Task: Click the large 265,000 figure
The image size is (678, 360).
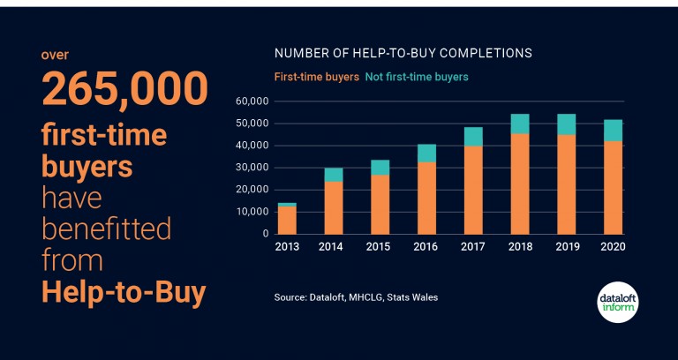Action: click(x=124, y=88)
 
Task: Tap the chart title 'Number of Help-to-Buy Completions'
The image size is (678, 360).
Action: click(x=403, y=53)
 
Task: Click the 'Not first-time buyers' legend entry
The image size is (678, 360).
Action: click(x=417, y=77)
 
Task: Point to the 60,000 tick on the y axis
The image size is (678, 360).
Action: click(x=252, y=101)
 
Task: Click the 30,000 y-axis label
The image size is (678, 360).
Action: click(x=252, y=168)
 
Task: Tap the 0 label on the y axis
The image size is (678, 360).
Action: click(x=264, y=234)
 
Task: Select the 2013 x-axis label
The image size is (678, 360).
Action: click(x=287, y=247)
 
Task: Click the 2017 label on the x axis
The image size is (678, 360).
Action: click(x=473, y=247)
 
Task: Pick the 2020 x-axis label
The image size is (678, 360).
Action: click(x=613, y=247)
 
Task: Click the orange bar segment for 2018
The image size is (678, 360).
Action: click(x=520, y=184)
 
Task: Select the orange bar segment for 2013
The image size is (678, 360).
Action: click(x=287, y=220)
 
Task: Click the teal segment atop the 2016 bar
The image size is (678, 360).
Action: click(x=426, y=153)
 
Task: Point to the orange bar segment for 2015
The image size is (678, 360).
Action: click(x=380, y=204)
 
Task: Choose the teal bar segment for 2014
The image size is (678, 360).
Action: click(x=334, y=175)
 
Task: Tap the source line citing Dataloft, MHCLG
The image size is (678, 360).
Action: click(x=356, y=297)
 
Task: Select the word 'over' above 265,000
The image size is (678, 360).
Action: click(x=55, y=55)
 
